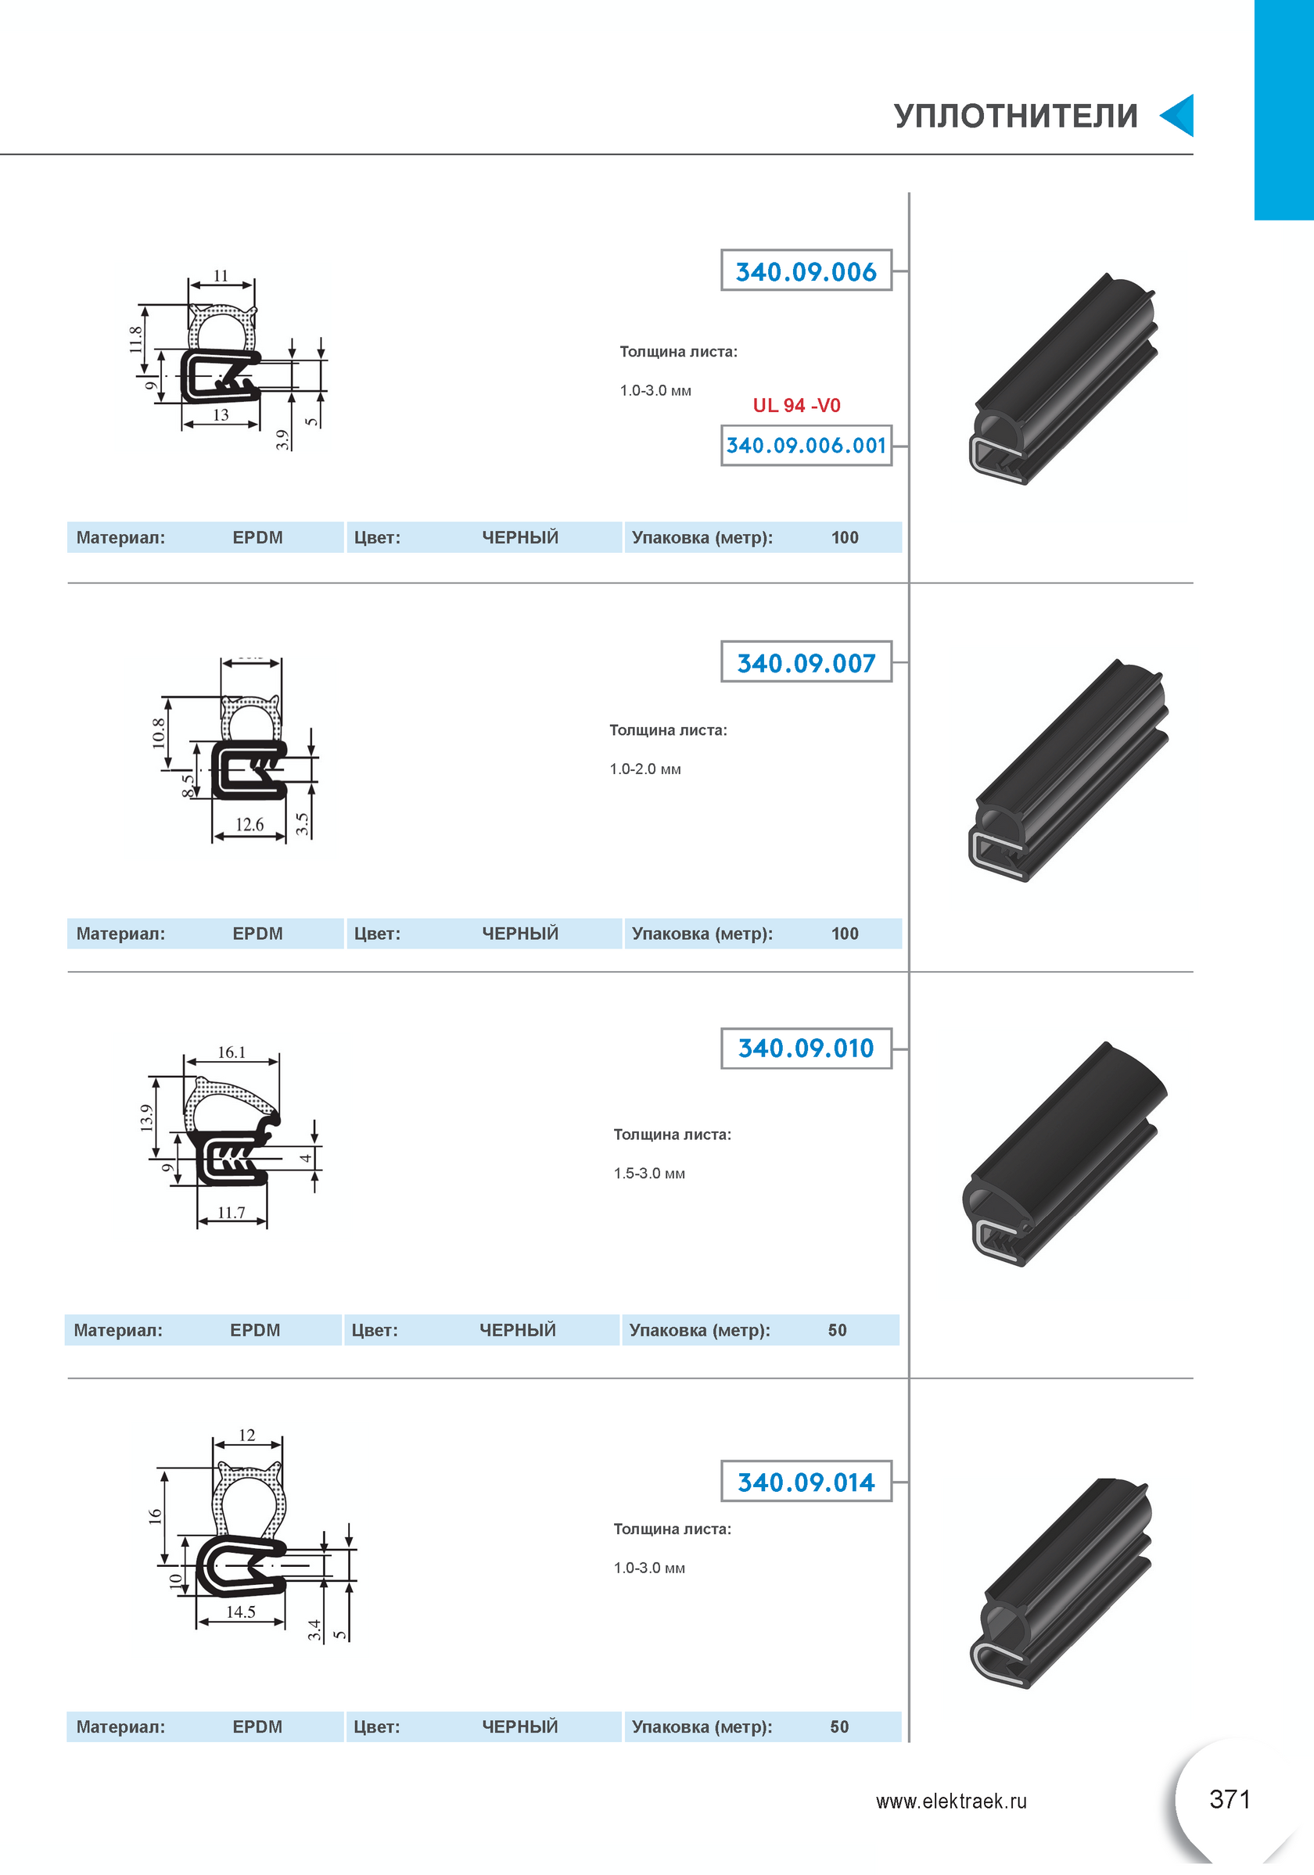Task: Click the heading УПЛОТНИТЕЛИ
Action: (1016, 116)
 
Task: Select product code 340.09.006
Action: (806, 271)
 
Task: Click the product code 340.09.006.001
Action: (806, 445)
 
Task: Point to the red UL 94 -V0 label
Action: (796, 405)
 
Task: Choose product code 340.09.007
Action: (806, 662)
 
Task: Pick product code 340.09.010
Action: (806, 1048)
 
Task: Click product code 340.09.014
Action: (806, 1482)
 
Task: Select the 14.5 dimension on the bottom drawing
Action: (241, 1612)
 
